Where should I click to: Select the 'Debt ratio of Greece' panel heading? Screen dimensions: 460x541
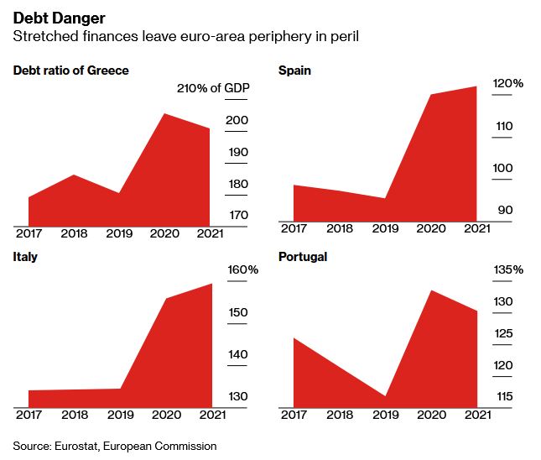point(71,71)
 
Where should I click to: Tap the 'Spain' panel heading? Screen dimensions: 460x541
point(294,71)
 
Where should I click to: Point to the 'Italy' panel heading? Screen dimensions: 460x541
point(25,257)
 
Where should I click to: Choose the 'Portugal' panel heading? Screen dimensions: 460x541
point(302,257)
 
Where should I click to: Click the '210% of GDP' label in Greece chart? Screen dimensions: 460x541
point(214,89)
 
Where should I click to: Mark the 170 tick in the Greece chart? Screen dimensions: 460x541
point(237,216)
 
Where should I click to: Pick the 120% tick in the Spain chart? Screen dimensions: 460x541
point(507,84)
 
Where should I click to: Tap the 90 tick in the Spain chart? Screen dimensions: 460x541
point(504,211)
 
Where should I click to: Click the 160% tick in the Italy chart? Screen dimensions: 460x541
point(243,270)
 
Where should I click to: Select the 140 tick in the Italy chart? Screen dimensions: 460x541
point(237,355)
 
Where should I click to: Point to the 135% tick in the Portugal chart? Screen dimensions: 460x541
point(507,270)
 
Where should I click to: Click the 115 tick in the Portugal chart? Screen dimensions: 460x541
point(503,397)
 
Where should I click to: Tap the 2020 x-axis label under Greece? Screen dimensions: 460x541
point(164,233)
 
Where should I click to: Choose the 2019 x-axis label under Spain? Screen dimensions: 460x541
point(385,228)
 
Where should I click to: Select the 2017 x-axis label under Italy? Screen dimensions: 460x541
point(29,414)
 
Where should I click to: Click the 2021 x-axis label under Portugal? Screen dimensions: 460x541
point(476,414)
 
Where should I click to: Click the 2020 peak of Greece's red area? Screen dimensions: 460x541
point(164,114)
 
